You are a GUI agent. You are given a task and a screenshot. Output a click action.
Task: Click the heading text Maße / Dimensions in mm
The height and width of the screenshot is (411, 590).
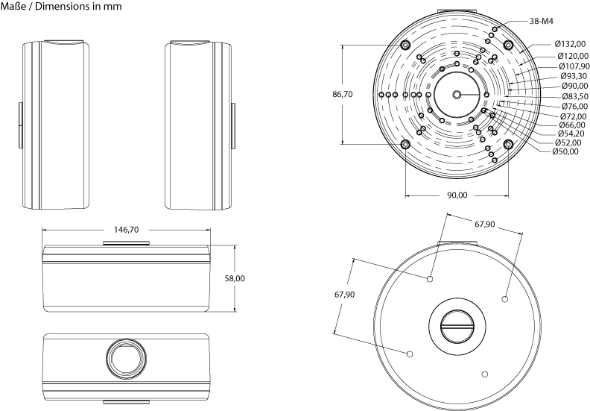62,7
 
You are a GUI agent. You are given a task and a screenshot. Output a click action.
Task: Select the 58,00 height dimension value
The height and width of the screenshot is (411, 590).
235,278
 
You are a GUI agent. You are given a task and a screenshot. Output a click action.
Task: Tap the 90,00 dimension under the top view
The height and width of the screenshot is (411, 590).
457,195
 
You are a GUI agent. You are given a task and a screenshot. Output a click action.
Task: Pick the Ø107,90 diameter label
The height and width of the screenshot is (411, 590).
573,66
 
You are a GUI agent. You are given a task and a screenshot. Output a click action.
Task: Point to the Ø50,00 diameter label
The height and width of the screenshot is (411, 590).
567,151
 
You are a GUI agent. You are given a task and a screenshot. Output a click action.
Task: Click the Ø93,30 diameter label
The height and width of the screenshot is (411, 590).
573,75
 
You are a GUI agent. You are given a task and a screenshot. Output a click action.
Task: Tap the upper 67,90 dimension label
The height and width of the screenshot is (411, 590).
484,224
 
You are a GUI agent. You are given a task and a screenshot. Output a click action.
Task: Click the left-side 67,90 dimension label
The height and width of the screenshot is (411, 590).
344,295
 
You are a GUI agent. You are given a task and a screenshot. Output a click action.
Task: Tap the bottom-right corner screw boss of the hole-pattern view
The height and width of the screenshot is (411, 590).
508,144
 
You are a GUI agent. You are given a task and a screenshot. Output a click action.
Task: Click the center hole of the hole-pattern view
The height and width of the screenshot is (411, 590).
456,95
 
